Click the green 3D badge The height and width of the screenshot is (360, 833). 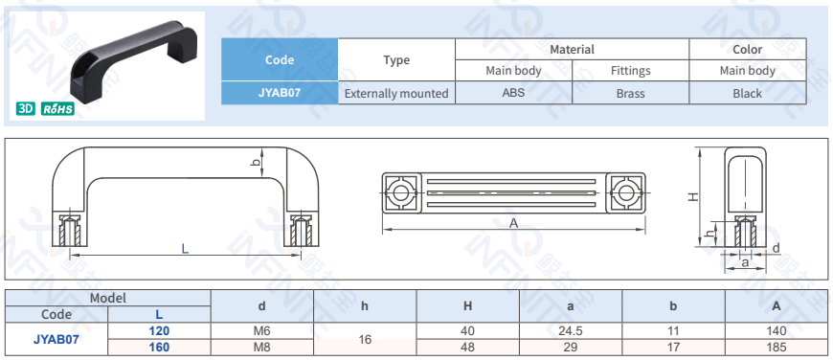26,109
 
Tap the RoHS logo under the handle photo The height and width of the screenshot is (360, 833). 57,109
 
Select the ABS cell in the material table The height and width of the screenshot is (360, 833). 513,93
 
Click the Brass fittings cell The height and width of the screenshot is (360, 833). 630,93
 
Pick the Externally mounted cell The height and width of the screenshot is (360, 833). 396,93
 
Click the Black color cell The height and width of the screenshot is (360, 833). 748,93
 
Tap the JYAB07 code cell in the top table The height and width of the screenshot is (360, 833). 280,93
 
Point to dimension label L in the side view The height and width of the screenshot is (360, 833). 185,248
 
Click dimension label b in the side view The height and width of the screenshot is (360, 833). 256,163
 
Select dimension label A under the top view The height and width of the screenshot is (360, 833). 513,223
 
